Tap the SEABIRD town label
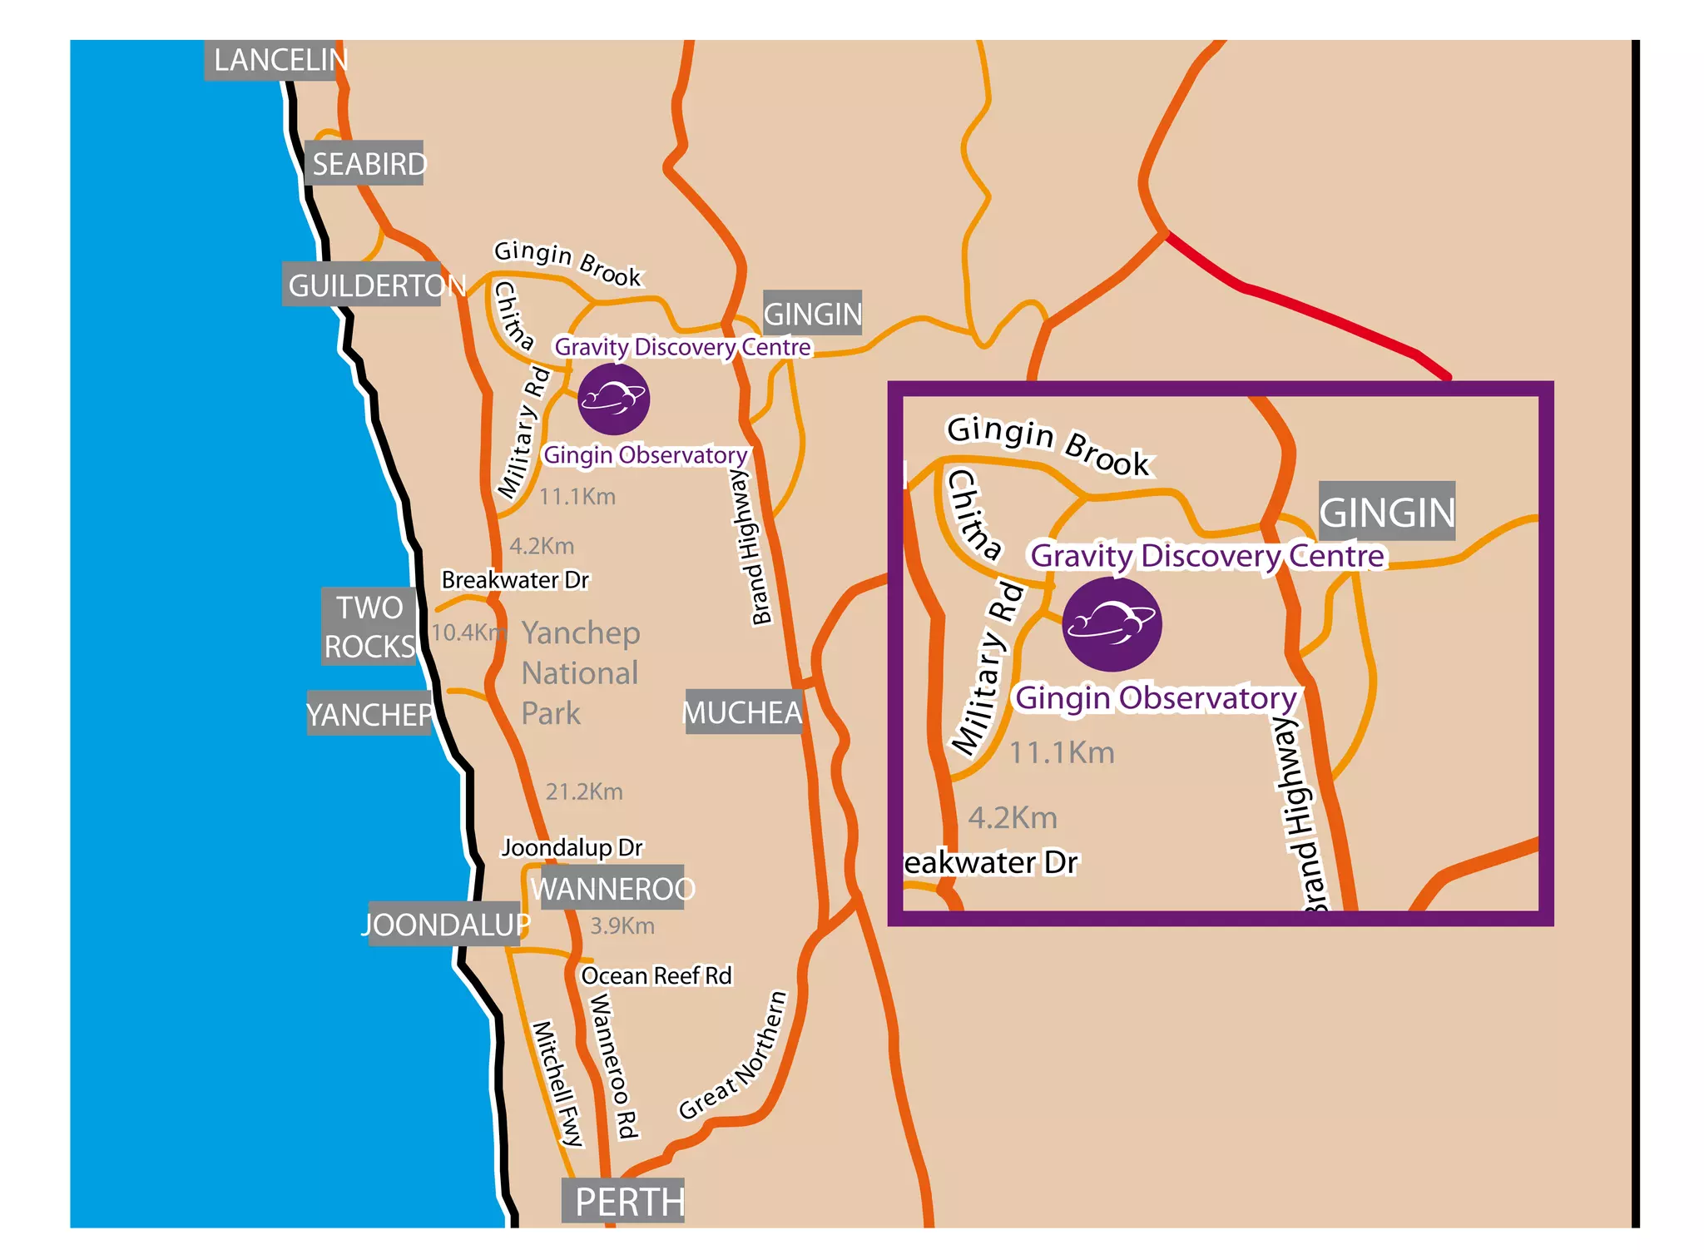click(x=366, y=163)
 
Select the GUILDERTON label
click(x=366, y=285)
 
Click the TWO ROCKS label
click(x=369, y=627)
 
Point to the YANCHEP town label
click(x=369, y=713)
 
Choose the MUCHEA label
click(x=742, y=712)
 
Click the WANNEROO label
click(x=612, y=888)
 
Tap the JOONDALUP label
click(x=445, y=924)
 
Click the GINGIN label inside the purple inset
click(x=1387, y=511)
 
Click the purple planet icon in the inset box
click(x=1112, y=624)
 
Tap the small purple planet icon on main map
click(x=613, y=399)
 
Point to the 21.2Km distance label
click(x=583, y=791)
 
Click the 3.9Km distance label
click(x=622, y=925)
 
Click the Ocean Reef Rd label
click(x=656, y=975)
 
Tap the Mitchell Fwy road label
click(x=557, y=1082)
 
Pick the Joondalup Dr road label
click(x=572, y=847)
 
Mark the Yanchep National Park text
click(x=580, y=672)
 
